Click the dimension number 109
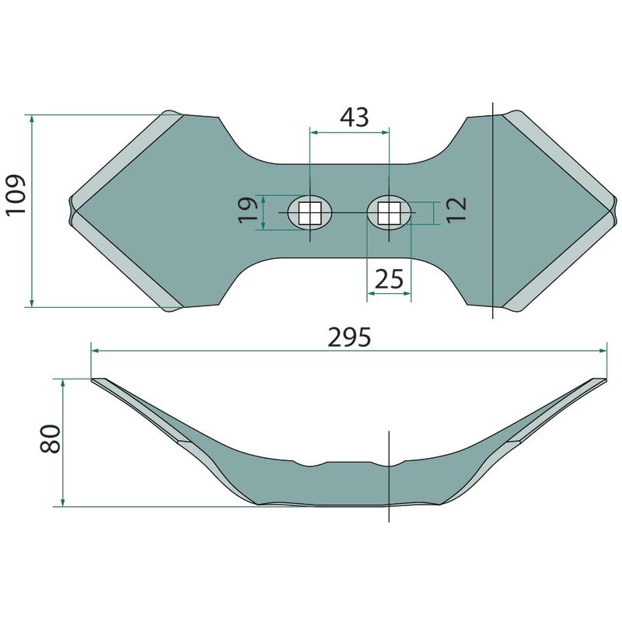(16, 195)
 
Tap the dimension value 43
(355, 117)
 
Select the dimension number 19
(248, 210)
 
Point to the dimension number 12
(456, 210)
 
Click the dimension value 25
(390, 279)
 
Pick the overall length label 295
(349, 337)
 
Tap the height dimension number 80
(51, 439)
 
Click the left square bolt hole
(309, 213)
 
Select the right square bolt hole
(390, 213)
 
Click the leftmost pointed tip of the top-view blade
(69, 210)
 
